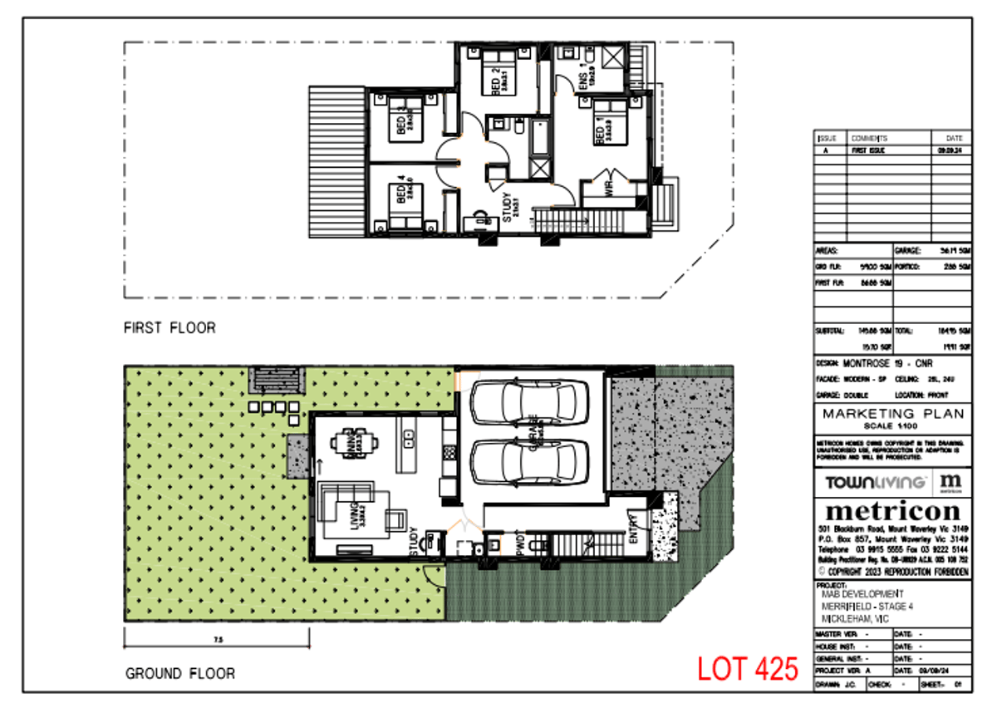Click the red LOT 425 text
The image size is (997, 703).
point(747,669)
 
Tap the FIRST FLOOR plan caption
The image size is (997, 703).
point(169,328)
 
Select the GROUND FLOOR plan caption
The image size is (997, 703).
point(180,673)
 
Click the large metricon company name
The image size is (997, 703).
point(892,510)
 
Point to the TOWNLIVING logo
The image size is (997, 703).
point(876,482)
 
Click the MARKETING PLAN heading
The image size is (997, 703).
point(892,413)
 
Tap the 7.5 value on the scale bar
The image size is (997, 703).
point(218,639)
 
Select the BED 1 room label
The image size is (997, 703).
point(599,130)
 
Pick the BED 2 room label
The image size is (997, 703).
point(497,81)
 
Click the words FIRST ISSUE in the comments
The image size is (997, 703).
point(867,151)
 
